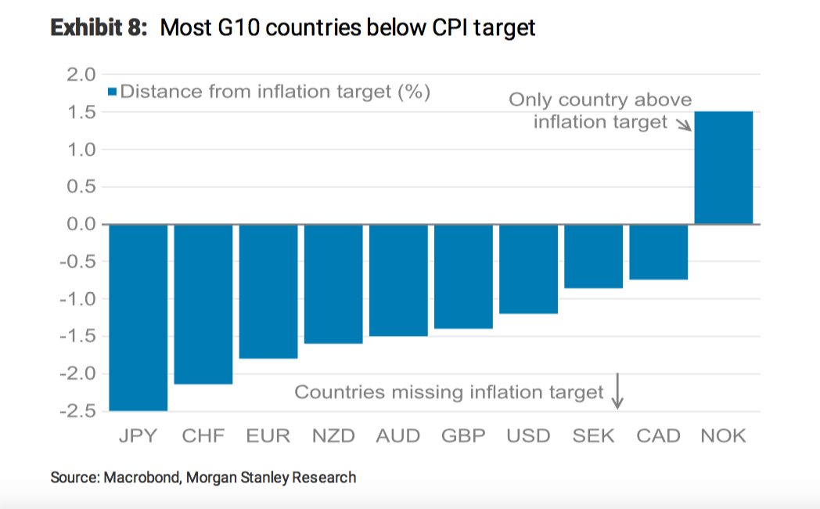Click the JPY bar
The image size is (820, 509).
pyautogui.click(x=138, y=317)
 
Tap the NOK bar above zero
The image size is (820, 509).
pyautogui.click(x=724, y=168)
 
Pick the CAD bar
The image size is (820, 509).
pyautogui.click(x=659, y=251)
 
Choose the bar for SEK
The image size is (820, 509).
pyautogui.click(x=594, y=256)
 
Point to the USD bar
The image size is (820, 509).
pyautogui.click(x=528, y=269)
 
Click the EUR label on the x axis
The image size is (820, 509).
pyautogui.click(x=268, y=436)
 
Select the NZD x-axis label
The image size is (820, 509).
pyautogui.click(x=333, y=436)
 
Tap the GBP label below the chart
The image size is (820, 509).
pyautogui.click(x=463, y=436)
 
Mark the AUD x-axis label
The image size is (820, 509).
pyautogui.click(x=398, y=436)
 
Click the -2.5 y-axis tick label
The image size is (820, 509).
pyautogui.click(x=77, y=411)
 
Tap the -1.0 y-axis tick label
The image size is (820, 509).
pyautogui.click(x=77, y=299)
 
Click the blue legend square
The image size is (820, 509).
pyautogui.click(x=113, y=92)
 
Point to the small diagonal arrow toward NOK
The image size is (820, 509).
pyautogui.click(x=682, y=125)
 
